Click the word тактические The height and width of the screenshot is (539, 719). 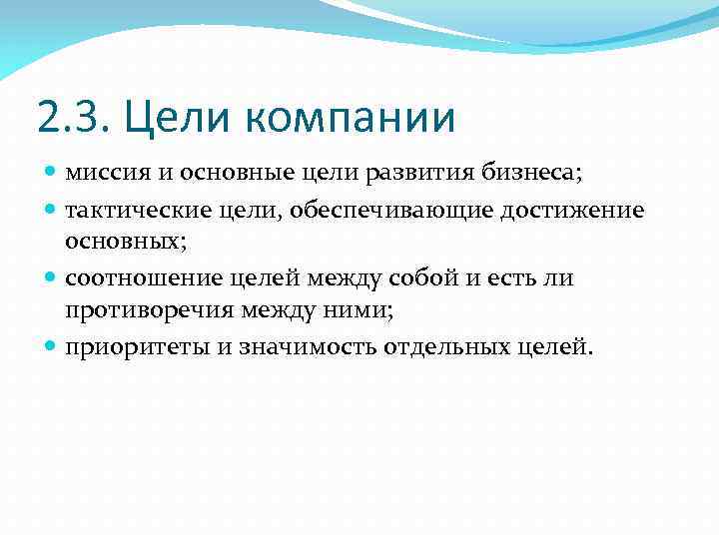[x=129, y=211]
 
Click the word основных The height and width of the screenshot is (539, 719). [x=124, y=242]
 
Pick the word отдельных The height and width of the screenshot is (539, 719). [x=443, y=348]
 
